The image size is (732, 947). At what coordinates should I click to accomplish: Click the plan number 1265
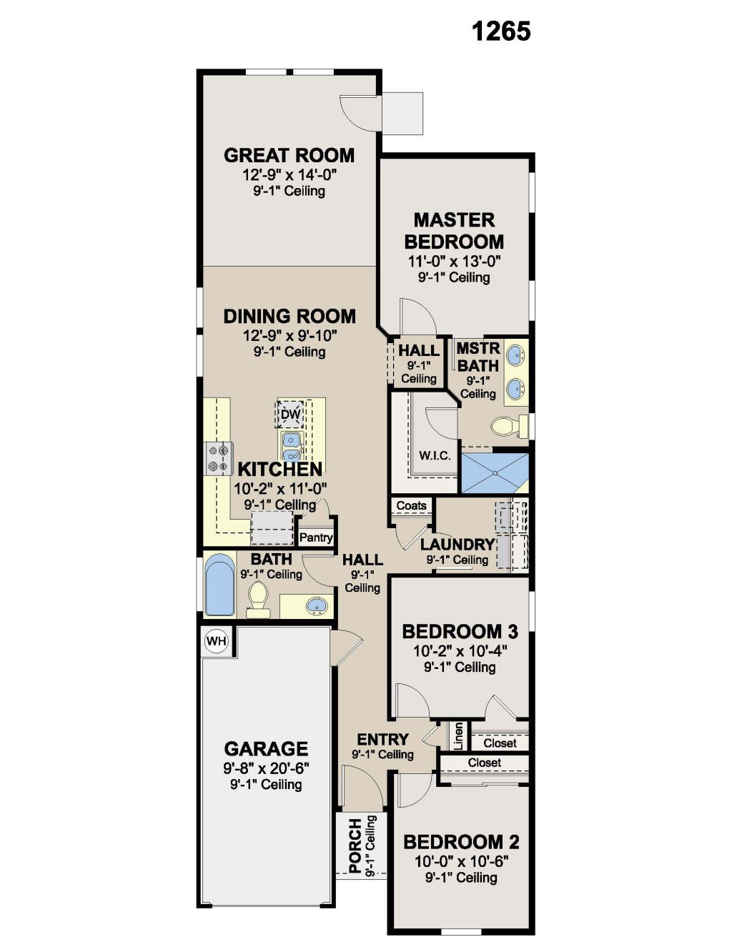point(502,31)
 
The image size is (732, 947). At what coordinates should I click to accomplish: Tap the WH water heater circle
point(217,640)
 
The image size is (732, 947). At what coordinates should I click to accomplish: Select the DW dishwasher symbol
point(291,414)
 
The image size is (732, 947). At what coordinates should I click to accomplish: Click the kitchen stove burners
point(219,457)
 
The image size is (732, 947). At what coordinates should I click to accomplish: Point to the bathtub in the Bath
point(219,584)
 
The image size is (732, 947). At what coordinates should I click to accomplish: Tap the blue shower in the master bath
point(495,473)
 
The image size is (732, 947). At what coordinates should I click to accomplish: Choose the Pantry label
point(317,537)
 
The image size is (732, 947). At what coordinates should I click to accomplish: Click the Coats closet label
point(411,505)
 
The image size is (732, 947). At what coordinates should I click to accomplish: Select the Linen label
point(458,736)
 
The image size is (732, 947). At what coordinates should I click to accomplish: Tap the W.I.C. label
point(435,456)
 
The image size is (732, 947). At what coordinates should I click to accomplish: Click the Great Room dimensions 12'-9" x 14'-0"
point(290,175)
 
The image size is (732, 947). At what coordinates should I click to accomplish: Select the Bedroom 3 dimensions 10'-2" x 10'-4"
point(460,651)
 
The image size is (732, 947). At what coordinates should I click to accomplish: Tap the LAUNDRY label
point(457,545)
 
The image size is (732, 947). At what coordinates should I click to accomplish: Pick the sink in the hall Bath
point(317,605)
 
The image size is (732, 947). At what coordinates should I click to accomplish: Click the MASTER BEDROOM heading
point(454,231)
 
